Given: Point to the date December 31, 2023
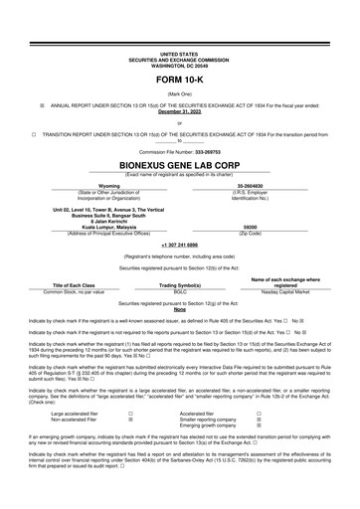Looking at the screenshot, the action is [x=179, y=111].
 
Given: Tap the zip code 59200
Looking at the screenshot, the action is [x=250, y=228].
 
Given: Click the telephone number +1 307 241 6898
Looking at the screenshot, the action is [x=179, y=243].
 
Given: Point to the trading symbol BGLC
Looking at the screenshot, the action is [x=180, y=291].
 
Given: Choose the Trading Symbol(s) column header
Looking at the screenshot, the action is [x=180, y=285].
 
